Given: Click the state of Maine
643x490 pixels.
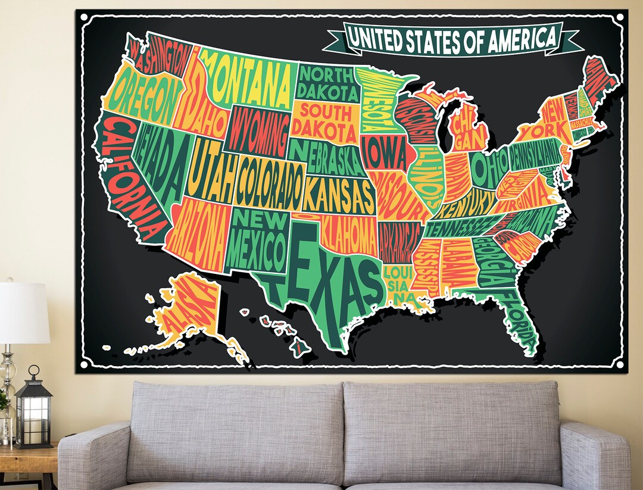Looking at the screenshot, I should click(598, 77).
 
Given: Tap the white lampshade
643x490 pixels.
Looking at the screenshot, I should click(24, 313).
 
